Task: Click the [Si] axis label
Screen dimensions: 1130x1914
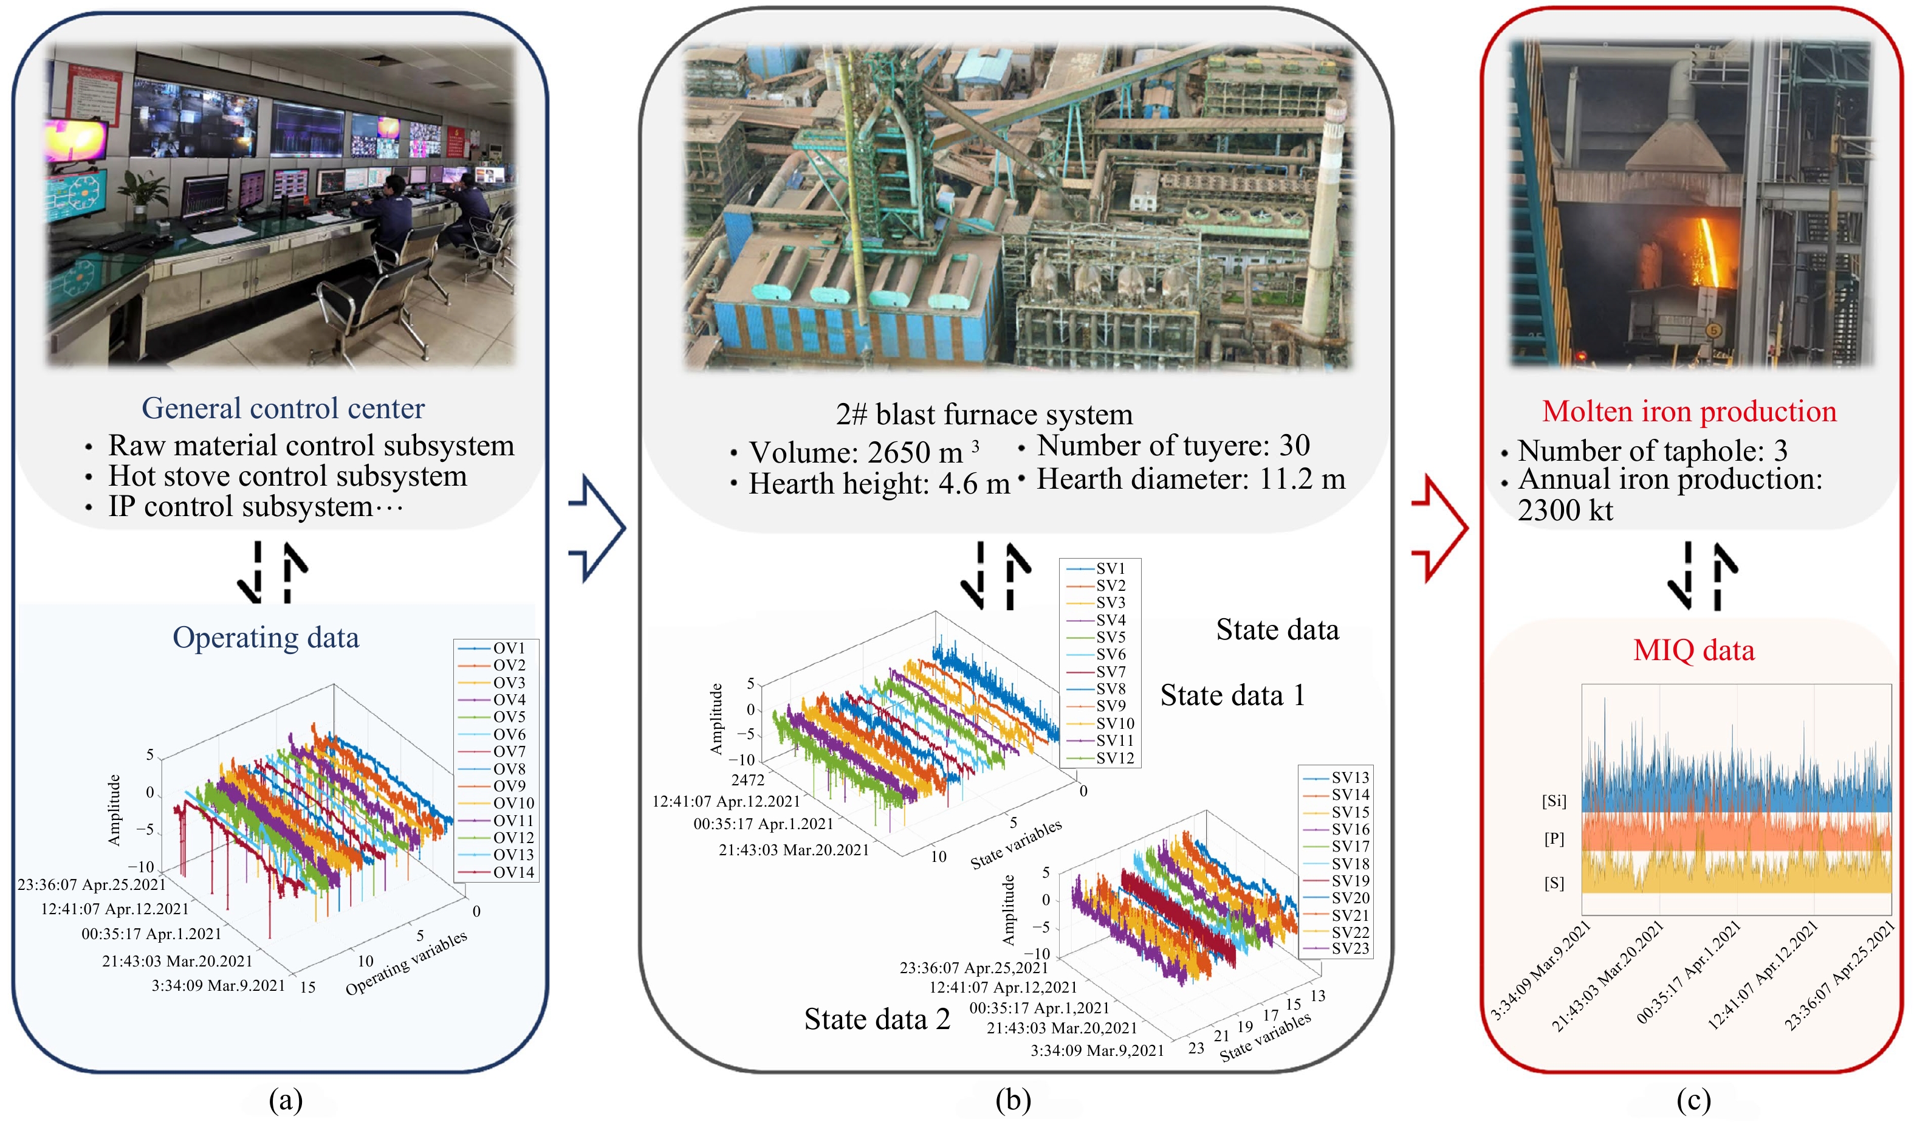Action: (x=1554, y=801)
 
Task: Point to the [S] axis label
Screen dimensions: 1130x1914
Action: (x=1554, y=883)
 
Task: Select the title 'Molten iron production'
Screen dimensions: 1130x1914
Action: (x=1689, y=411)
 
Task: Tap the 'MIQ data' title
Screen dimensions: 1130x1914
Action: (x=1693, y=650)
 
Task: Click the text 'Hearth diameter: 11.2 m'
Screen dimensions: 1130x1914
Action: (x=1190, y=479)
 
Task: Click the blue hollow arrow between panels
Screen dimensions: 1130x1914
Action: (x=598, y=528)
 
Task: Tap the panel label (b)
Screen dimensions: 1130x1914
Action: (x=1013, y=1100)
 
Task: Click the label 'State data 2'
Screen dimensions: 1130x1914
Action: (x=877, y=1019)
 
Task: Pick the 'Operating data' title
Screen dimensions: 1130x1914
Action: (x=266, y=638)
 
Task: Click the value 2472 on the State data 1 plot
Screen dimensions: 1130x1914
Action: (x=747, y=780)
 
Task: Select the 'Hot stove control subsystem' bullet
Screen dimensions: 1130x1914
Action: (x=287, y=476)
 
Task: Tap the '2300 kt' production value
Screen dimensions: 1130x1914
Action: (x=1565, y=510)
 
